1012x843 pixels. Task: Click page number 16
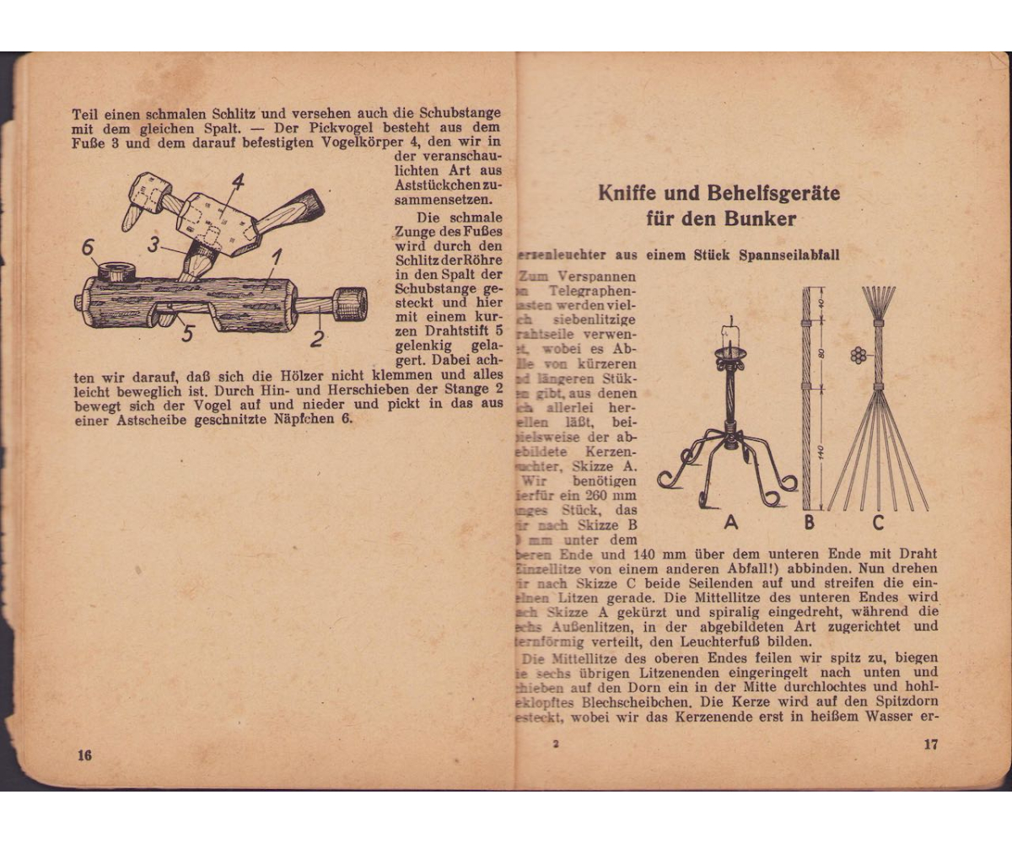coord(83,754)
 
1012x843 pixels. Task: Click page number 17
coord(930,744)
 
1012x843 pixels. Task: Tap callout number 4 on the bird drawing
coord(238,183)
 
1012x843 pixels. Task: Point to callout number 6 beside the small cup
coord(87,249)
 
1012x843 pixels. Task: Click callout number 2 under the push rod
coord(318,338)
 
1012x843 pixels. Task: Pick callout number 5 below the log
coord(187,334)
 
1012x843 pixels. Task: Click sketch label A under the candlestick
coord(730,523)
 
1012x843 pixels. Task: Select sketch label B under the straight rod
coord(809,523)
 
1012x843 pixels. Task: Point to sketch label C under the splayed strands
coord(878,523)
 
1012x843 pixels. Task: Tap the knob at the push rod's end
coord(351,303)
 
